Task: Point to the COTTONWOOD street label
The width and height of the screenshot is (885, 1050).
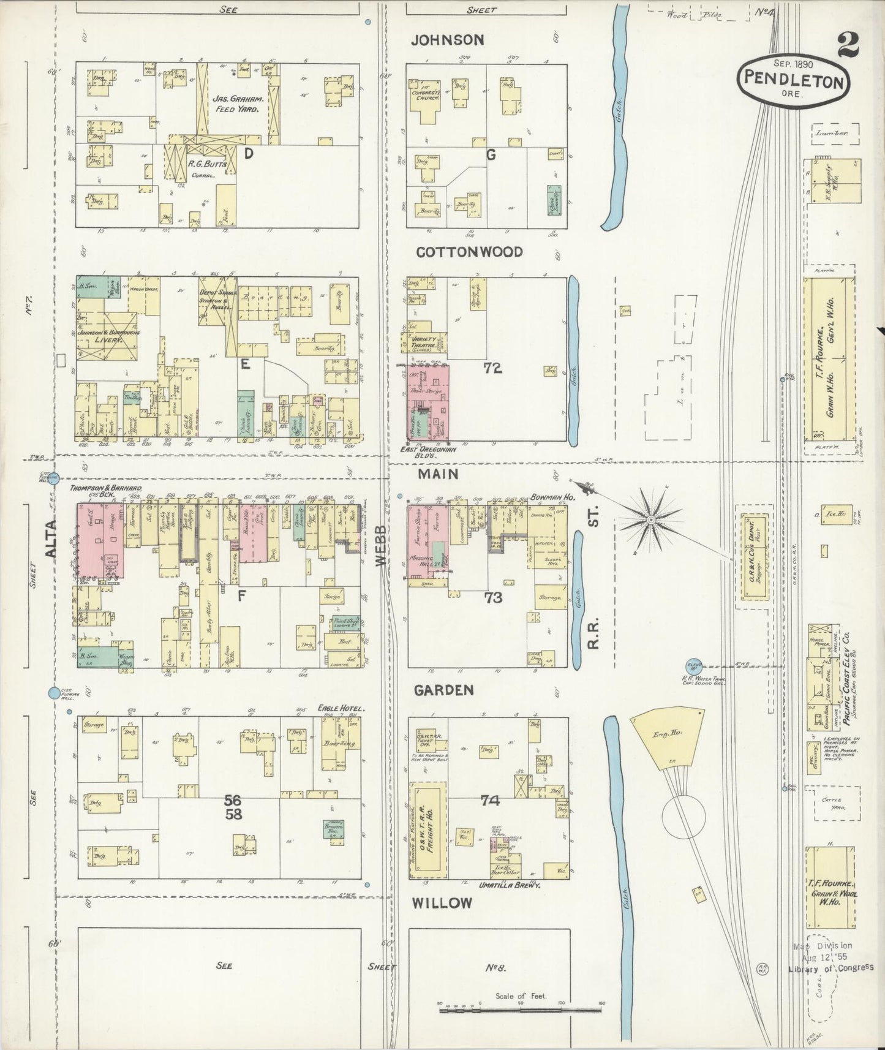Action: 469,252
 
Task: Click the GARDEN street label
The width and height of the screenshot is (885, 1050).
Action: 443,690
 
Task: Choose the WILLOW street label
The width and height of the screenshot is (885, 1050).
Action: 442,902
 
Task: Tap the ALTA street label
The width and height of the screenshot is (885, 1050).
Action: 51,538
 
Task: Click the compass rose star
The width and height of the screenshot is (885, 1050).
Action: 651,521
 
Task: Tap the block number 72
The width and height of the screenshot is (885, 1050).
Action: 492,368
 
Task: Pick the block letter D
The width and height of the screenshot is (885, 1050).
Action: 249,154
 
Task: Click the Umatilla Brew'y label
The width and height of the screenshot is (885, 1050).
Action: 511,885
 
